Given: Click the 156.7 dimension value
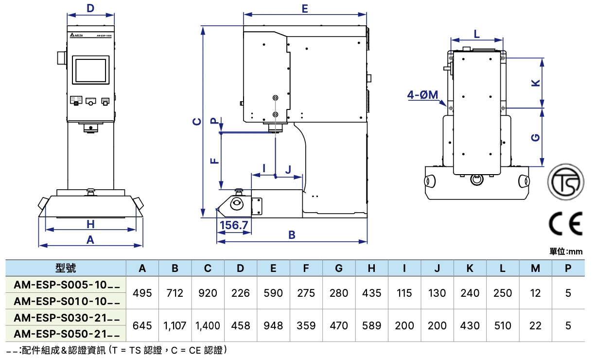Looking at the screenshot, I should tap(234, 226).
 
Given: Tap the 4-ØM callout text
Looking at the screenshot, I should tap(423, 95).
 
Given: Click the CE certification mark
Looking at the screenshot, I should tap(565, 224).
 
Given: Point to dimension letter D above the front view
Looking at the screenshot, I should tap(90, 8).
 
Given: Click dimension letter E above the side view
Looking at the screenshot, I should tap(305, 9).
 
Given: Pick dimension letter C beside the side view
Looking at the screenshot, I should tap(196, 121).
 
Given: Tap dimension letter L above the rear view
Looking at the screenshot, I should tap(476, 34).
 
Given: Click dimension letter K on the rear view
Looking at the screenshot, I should tap(536, 83).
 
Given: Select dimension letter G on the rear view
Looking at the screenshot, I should tap(536, 138).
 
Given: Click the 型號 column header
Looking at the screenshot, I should tap(66, 268).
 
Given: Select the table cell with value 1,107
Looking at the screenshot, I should tap(175, 325).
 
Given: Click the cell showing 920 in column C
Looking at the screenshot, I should tap(208, 293).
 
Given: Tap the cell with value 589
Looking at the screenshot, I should tap(371, 325).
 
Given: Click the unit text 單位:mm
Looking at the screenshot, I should tap(566, 252).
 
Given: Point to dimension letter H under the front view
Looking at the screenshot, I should tap(90, 224).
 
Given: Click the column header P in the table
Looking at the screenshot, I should tap(568, 268).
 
